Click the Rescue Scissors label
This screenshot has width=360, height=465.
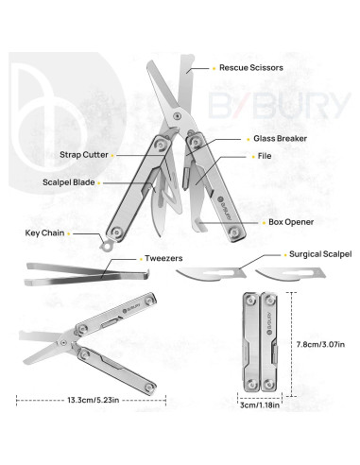[x=249, y=68]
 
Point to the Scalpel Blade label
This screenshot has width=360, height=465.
[x=68, y=182]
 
